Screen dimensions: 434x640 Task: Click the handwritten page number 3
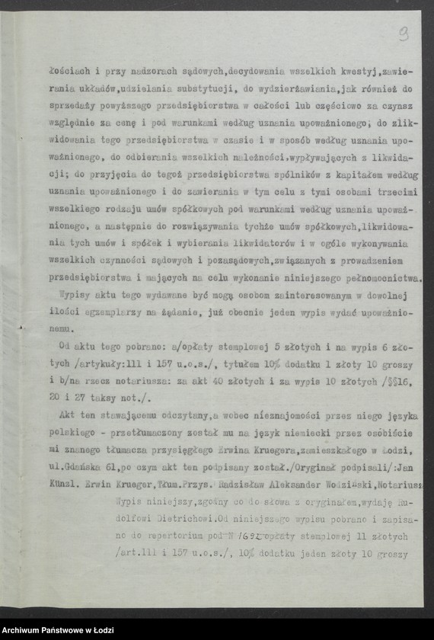point(403,33)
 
